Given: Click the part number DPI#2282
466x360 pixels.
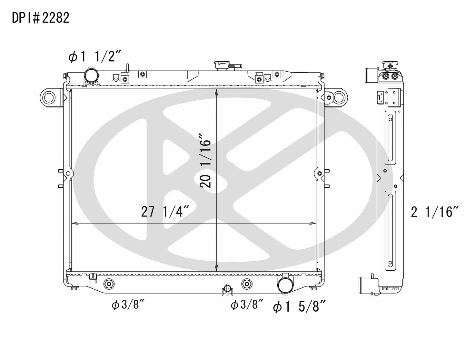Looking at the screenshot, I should tap(41, 18).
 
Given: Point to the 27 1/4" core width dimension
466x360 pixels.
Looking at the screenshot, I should tap(164, 212).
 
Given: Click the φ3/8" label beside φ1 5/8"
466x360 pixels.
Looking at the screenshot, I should tap(247, 305).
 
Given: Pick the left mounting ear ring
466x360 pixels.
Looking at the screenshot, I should tap(49, 97).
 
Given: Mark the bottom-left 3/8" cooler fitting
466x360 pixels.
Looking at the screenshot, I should tap(108, 284).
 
